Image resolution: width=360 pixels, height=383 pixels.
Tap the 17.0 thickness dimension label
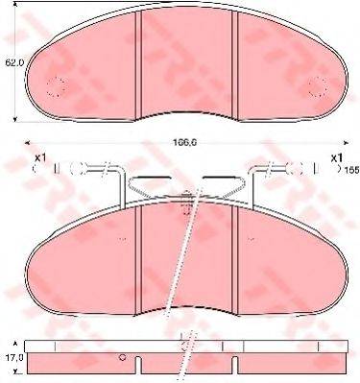click(x=12, y=357)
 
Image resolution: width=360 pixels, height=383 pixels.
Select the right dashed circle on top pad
click(x=316, y=87)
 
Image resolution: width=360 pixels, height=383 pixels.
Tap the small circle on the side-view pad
click(x=122, y=358)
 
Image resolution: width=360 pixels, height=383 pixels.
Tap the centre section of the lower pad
click(x=187, y=259)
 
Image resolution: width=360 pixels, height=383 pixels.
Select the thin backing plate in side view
click(x=187, y=345)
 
